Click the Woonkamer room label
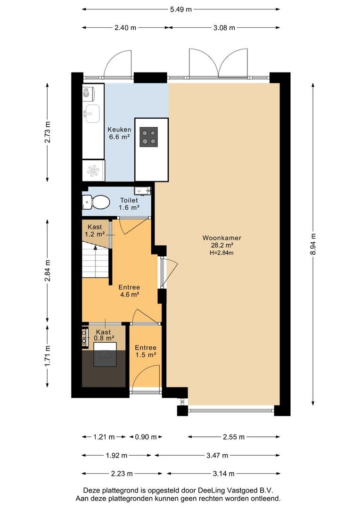pyautogui.click(x=222, y=238)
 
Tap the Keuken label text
pyautogui.click(x=120, y=130)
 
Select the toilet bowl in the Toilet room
pyautogui.click(x=97, y=202)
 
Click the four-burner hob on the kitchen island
pyautogui.click(x=149, y=137)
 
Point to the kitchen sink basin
pyautogui.click(x=91, y=113)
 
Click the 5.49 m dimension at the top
pyautogui.click(x=181, y=9)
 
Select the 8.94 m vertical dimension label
pyautogui.click(x=313, y=244)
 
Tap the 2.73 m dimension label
pyautogui.click(x=48, y=132)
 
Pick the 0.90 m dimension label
pyautogui.click(x=146, y=437)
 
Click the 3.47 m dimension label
pyautogui.click(x=217, y=455)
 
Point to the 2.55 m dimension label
pyautogui.click(x=234, y=437)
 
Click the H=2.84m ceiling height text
pyautogui.click(x=222, y=253)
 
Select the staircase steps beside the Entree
pyautogui.click(x=95, y=261)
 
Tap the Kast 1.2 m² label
pyautogui.click(x=95, y=230)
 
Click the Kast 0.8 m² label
pyautogui.click(x=104, y=335)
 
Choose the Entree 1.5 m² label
pyautogui.click(x=146, y=351)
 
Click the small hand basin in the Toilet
pyautogui.click(x=142, y=190)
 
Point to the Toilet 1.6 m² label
pyautogui.click(x=129, y=204)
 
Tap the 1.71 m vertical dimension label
pyautogui.click(x=48, y=356)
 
